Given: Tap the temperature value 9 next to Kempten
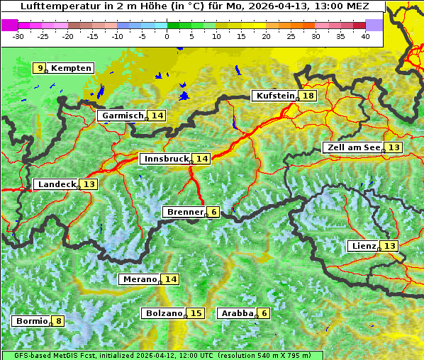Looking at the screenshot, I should (40, 68).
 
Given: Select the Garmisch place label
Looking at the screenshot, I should (123, 116).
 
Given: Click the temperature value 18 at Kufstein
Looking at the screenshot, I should (308, 96).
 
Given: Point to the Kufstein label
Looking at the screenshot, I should (275, 96).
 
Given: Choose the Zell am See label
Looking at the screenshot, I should (352, 147).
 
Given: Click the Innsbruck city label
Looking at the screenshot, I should (165, 159).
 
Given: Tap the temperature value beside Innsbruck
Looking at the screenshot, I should (202, 159).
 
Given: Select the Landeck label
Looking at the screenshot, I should (57, 184).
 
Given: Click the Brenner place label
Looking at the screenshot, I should (184, 212).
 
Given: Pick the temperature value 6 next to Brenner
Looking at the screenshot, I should (213, 212).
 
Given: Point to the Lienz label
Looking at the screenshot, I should (363, 246).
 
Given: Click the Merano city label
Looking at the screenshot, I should (139, 279).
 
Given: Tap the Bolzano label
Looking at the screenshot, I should (164, 313).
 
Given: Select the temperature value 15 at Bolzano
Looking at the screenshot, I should (196, 313).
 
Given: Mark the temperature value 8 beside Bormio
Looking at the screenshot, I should (58, 321).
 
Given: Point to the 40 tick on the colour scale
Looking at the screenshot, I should (365, 36).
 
